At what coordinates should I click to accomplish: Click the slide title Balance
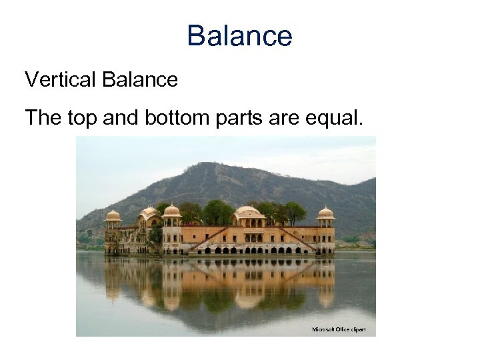click(x=239, y=35)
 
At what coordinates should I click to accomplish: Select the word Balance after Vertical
click(x=140, y=80)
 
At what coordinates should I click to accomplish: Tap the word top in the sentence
click(x=81, y=118)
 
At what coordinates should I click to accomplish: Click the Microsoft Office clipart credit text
click(x=339, y=329)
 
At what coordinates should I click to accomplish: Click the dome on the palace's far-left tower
click(x=113, y=215)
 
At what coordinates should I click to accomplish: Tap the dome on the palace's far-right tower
click(x=325, y=213)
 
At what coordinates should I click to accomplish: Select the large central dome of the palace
click(x=247, y=212)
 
